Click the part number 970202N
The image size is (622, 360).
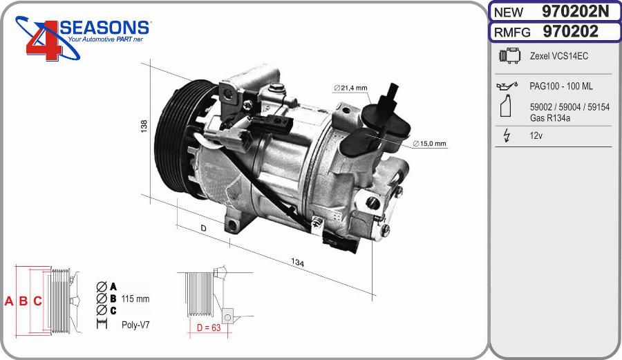pos(576,12)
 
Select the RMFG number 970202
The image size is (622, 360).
pos(571,32)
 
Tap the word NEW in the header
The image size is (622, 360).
pos(508,12)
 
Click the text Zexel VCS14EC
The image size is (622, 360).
pos(558,56)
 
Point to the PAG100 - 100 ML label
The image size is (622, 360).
pos(560,86)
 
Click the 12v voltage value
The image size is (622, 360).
pos(536,136)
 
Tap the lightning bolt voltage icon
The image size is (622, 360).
pos(507,136)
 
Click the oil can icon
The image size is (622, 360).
pos(506,86)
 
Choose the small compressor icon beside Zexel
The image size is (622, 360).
pos(508,56)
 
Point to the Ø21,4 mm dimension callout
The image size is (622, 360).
pos(350,88)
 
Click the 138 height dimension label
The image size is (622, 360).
pos(144,126)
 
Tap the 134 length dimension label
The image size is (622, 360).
pos(298,263)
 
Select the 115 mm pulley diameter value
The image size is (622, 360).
pos(135,299)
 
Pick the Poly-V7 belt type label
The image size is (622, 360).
pos(136,324)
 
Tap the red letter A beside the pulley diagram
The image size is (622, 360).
pos(9,301)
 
